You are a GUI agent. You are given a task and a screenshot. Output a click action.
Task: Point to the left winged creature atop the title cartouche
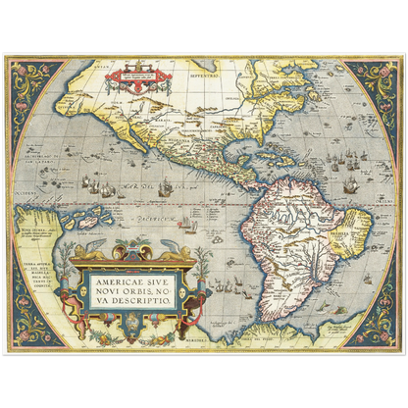(x=89, y=253)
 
